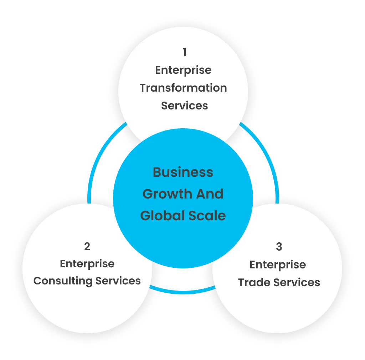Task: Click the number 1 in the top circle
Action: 184,52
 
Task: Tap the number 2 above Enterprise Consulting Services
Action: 87,246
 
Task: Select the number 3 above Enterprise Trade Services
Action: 279,247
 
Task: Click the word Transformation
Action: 183,88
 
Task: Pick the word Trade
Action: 253,282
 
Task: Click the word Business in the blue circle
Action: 183,172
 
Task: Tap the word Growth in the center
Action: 162,194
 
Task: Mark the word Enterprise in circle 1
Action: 183,70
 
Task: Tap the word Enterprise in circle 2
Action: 87,264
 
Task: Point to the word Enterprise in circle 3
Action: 278,265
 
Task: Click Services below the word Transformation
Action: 184,106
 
